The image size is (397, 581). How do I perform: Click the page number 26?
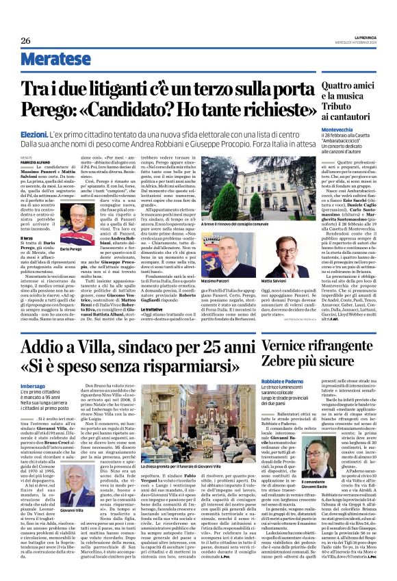click(x=25, y=40)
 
